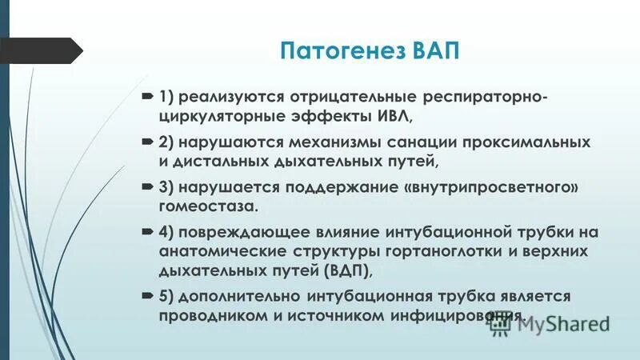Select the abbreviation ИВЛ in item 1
387,116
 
